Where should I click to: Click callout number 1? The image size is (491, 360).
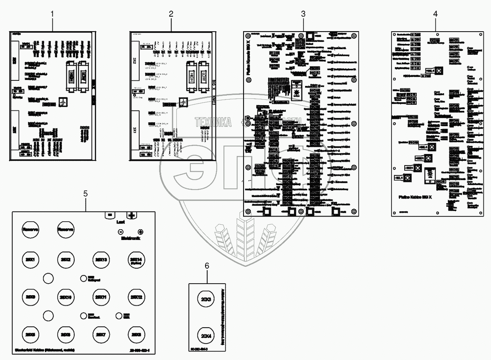coord(52,14)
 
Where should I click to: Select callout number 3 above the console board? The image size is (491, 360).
coord(303,14)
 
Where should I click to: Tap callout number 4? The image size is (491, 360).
coord(435,14)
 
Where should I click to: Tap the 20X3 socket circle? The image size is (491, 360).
coord(206,299)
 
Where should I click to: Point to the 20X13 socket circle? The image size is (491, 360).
coord(100,259)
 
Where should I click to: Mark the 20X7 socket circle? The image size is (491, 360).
coord(100,333)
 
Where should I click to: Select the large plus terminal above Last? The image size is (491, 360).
coord(132,215)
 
